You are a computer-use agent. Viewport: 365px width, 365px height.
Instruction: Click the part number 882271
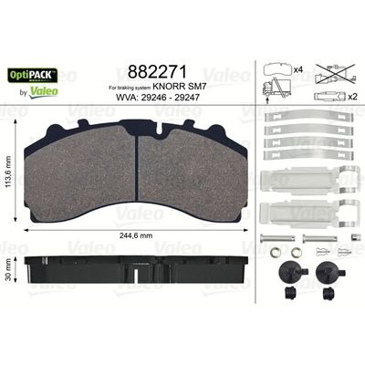157,72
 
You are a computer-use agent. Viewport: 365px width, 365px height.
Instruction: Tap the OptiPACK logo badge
33,75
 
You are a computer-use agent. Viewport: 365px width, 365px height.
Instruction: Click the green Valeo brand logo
44,91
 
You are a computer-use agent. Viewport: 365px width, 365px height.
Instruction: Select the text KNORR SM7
180,87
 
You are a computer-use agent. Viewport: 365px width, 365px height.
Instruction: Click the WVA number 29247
186,98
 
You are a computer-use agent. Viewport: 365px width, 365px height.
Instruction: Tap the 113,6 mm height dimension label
8,172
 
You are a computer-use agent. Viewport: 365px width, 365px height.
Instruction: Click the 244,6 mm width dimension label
136,235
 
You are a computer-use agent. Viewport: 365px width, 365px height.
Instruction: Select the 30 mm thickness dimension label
8,269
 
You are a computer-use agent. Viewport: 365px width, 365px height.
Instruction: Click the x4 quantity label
298,70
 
